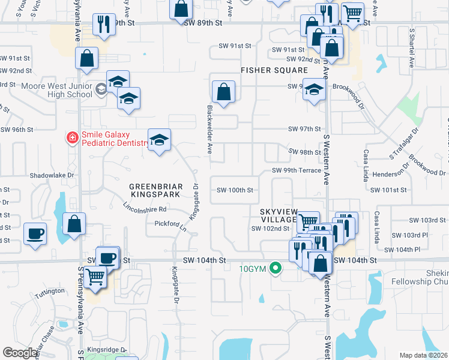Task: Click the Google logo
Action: point(20,353)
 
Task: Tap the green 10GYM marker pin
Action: point(276,268)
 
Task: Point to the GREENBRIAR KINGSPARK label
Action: point(155,191)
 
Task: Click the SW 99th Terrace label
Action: point(297,170)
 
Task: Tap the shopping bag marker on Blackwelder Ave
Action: point(223,93)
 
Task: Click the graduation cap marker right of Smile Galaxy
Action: point(159,140)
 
